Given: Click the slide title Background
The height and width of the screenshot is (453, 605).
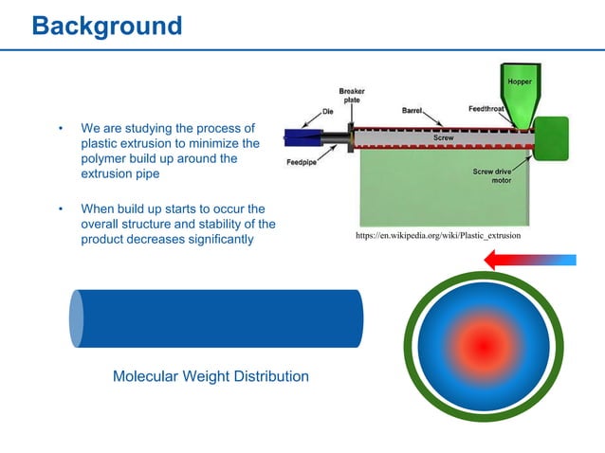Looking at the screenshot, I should click(x=106, y=26).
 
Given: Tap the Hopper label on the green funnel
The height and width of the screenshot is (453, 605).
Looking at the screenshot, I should click(x=519, y=82).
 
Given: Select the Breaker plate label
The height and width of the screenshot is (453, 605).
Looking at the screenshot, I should click(x=352, y=96).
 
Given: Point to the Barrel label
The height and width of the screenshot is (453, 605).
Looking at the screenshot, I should click(x=412, y=110).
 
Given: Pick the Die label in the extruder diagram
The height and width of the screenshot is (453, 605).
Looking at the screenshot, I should click(x=327, y=111).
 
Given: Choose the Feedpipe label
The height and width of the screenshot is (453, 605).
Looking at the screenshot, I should click(x=302, y=162).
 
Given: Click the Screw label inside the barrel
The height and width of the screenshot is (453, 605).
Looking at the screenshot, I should click(x=443, y=138).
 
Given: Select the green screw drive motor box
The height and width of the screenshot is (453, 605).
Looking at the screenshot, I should click(x=551, y=138).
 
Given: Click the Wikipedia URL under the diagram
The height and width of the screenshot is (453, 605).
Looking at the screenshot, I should click(x=437, y=234).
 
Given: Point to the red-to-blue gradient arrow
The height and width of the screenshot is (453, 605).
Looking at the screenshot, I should click(x=530, y=260).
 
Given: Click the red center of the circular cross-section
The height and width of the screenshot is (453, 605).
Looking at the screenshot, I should click(x=485, y=347).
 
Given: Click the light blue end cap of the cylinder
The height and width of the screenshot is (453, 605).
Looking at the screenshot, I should click(x=77, y=318).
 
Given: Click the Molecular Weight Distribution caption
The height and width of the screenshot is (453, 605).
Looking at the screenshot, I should click(x=211, y=376).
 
